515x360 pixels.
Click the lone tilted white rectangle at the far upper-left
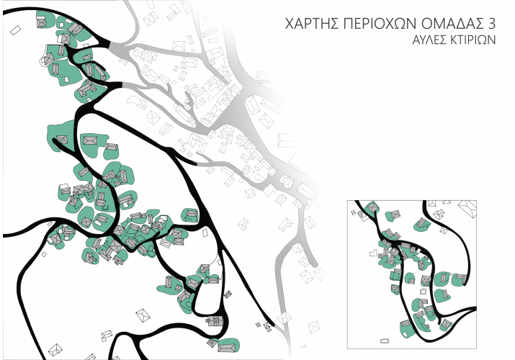(16, 31)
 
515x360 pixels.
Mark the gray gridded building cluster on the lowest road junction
(214, 321)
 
